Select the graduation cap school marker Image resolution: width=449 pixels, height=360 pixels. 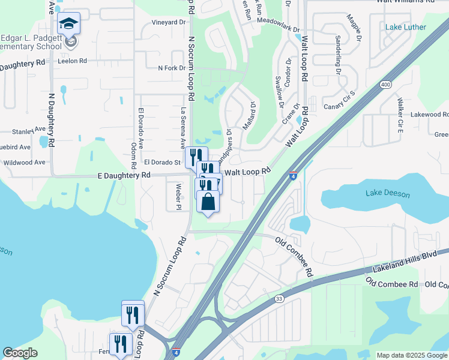(69, 25)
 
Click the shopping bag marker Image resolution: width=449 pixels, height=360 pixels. (208, 202)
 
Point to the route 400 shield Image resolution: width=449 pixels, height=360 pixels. (385, 86)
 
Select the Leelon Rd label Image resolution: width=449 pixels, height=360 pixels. (73, 61)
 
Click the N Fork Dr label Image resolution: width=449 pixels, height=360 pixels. (172, 68)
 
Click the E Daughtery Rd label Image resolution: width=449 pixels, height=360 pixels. (124, 175)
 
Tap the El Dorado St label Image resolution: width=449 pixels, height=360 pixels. (162, 162)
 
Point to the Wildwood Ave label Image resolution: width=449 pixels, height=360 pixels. (24, 162)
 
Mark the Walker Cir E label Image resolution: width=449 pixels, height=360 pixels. (399, 117)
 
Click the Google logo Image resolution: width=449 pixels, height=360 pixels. (20, 353)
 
